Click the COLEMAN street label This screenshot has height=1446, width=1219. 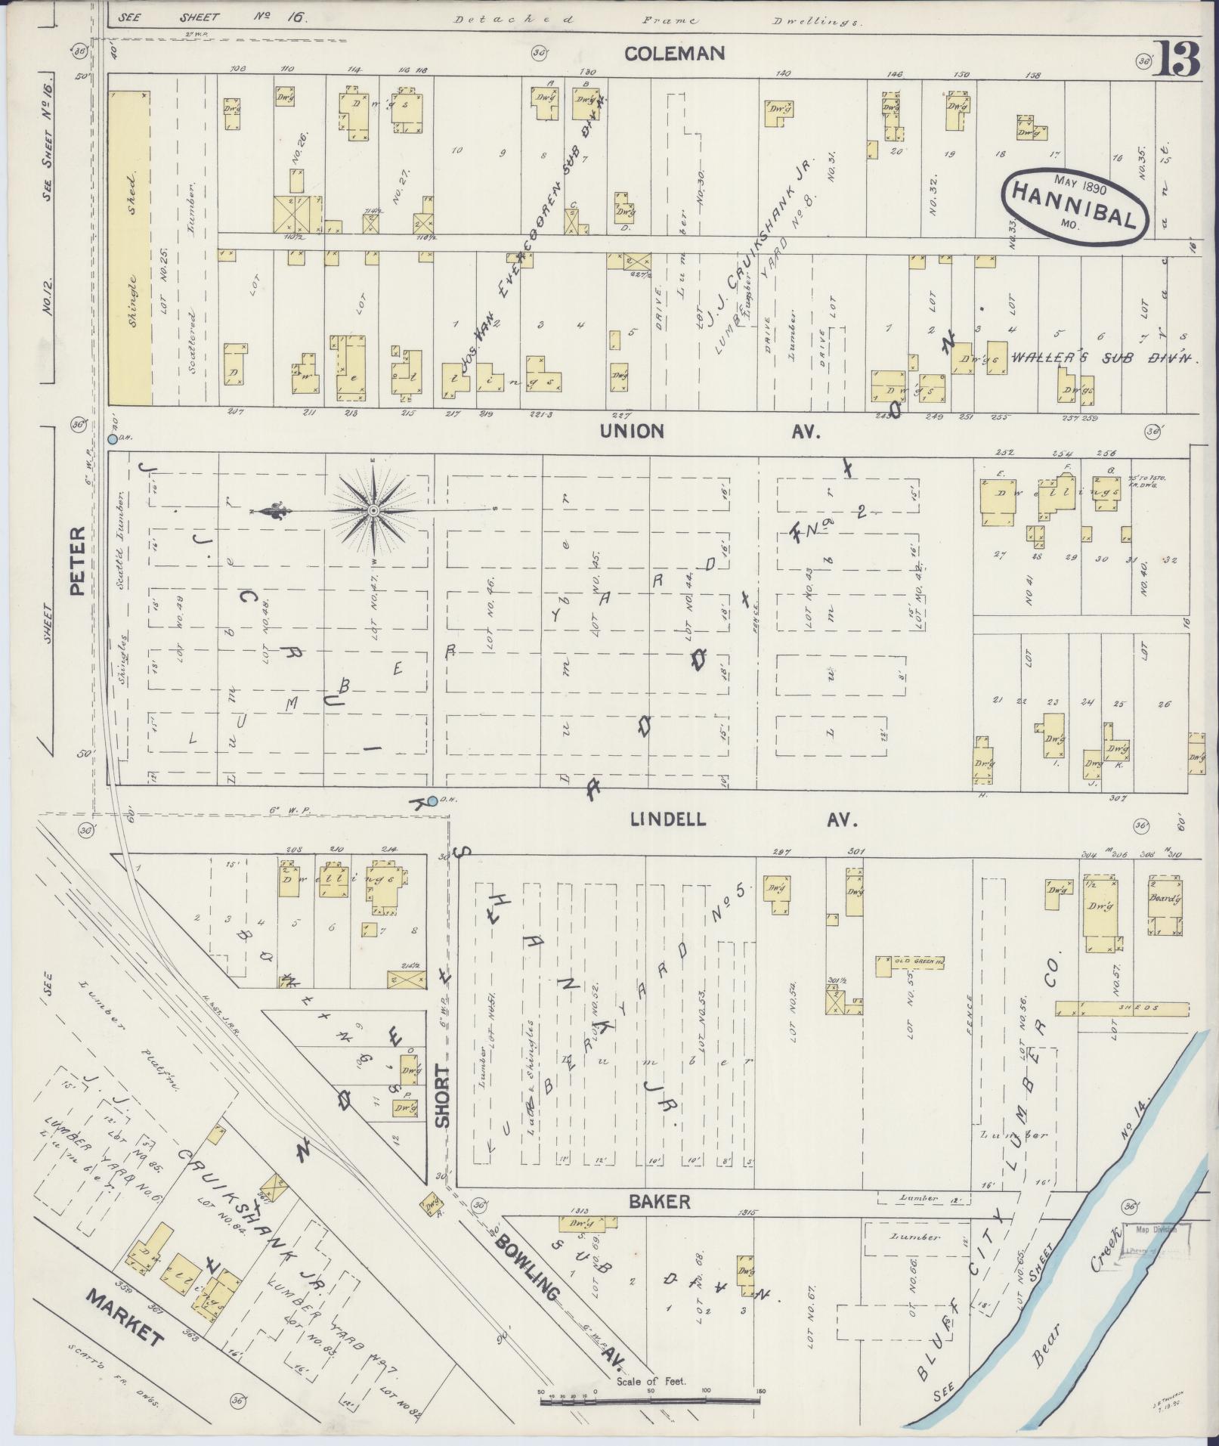click(x=675, y=53)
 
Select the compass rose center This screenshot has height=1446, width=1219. click(x=373, y=512)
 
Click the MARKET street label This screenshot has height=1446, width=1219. click(x=125, y=1315)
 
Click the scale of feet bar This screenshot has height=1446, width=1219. click(x=650, y=1402)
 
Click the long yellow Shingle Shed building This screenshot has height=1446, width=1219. click(x=130, y=248)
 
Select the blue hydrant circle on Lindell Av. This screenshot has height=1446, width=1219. click(x=432, y=800)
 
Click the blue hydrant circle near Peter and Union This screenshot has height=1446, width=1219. click(x=112, y=438)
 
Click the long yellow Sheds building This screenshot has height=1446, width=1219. click(x=1122, y=1008)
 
